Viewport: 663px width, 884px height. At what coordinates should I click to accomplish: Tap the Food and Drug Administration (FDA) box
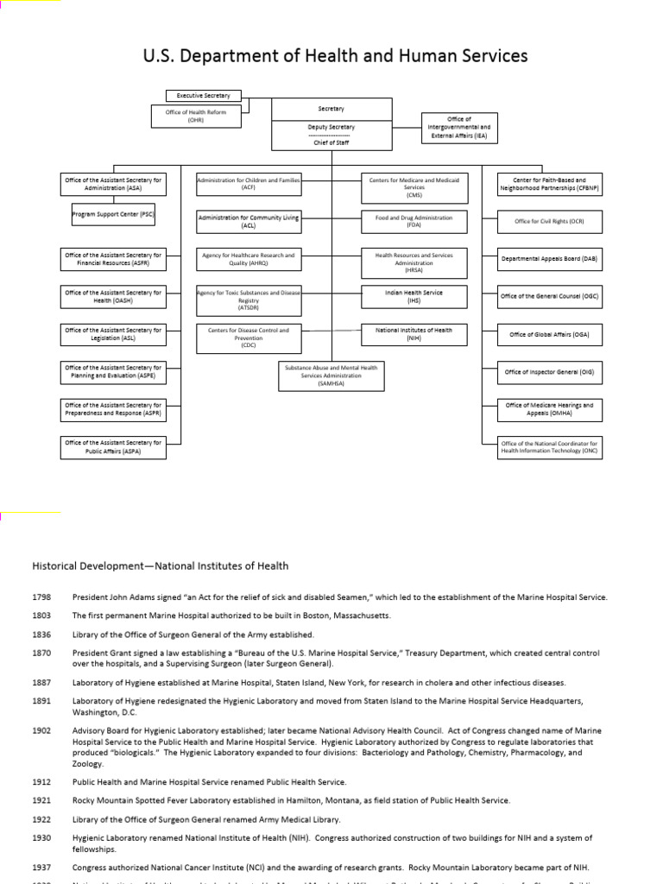414,221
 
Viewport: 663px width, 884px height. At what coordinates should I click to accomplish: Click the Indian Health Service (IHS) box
414,296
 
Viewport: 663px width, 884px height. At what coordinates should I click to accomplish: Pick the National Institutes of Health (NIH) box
414,334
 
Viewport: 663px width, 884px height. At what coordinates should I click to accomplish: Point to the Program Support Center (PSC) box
113,215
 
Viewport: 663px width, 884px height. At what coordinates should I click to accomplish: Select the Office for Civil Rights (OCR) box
549,221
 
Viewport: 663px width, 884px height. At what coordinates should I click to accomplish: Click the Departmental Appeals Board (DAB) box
549,258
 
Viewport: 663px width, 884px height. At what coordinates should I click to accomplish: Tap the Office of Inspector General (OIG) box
549,372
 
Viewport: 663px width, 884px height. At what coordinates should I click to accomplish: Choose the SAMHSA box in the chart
331,376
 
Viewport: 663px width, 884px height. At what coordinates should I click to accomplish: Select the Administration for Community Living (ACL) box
249,221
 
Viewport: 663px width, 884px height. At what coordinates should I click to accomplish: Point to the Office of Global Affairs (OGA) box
549,334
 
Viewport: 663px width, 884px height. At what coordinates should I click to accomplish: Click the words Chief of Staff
331,143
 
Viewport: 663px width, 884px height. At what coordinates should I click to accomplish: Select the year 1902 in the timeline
42,730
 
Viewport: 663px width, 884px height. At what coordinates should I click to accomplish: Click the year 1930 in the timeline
42,838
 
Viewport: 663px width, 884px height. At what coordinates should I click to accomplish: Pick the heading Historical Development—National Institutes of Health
161,566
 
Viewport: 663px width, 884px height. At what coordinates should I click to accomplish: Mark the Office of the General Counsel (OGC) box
549,296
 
